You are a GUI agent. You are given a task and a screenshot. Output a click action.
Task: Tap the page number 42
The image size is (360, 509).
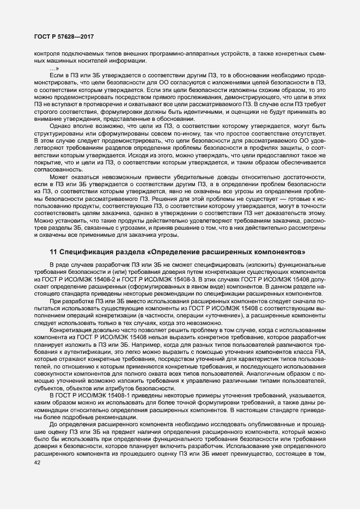click(x=38, y=463)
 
